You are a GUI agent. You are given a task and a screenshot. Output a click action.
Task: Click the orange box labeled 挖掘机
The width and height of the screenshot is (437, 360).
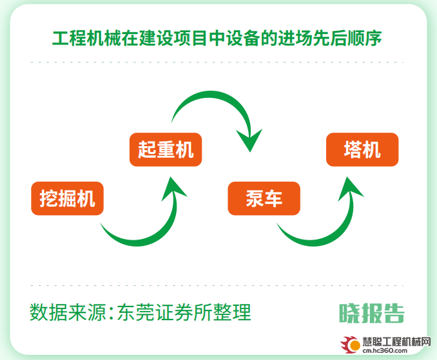(67, 198)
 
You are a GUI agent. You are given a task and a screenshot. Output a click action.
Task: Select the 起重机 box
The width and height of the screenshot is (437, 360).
(166, 149)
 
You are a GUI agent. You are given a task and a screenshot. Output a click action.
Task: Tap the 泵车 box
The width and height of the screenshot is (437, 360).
(264, 198)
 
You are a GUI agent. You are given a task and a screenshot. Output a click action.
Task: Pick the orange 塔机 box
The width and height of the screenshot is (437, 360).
(362, 149)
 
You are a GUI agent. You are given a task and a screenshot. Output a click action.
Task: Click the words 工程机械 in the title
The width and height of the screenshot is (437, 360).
(86, 38)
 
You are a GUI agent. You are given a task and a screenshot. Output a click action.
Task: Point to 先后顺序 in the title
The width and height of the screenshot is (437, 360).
(347, 38)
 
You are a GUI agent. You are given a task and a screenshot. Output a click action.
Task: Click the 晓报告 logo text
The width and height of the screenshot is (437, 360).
(371, 313)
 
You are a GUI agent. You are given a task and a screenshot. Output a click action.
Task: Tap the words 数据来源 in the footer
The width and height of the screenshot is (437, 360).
(68, 312)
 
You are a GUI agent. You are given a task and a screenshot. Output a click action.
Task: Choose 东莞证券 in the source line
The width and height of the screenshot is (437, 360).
(155, 312)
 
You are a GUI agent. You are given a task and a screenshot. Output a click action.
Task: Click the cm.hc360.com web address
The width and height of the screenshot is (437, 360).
(385, 350)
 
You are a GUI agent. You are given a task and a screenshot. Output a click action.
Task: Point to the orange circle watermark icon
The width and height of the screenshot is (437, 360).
(354, 345)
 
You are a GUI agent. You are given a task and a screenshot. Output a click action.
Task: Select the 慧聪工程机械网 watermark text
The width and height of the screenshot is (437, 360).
(396, 341)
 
